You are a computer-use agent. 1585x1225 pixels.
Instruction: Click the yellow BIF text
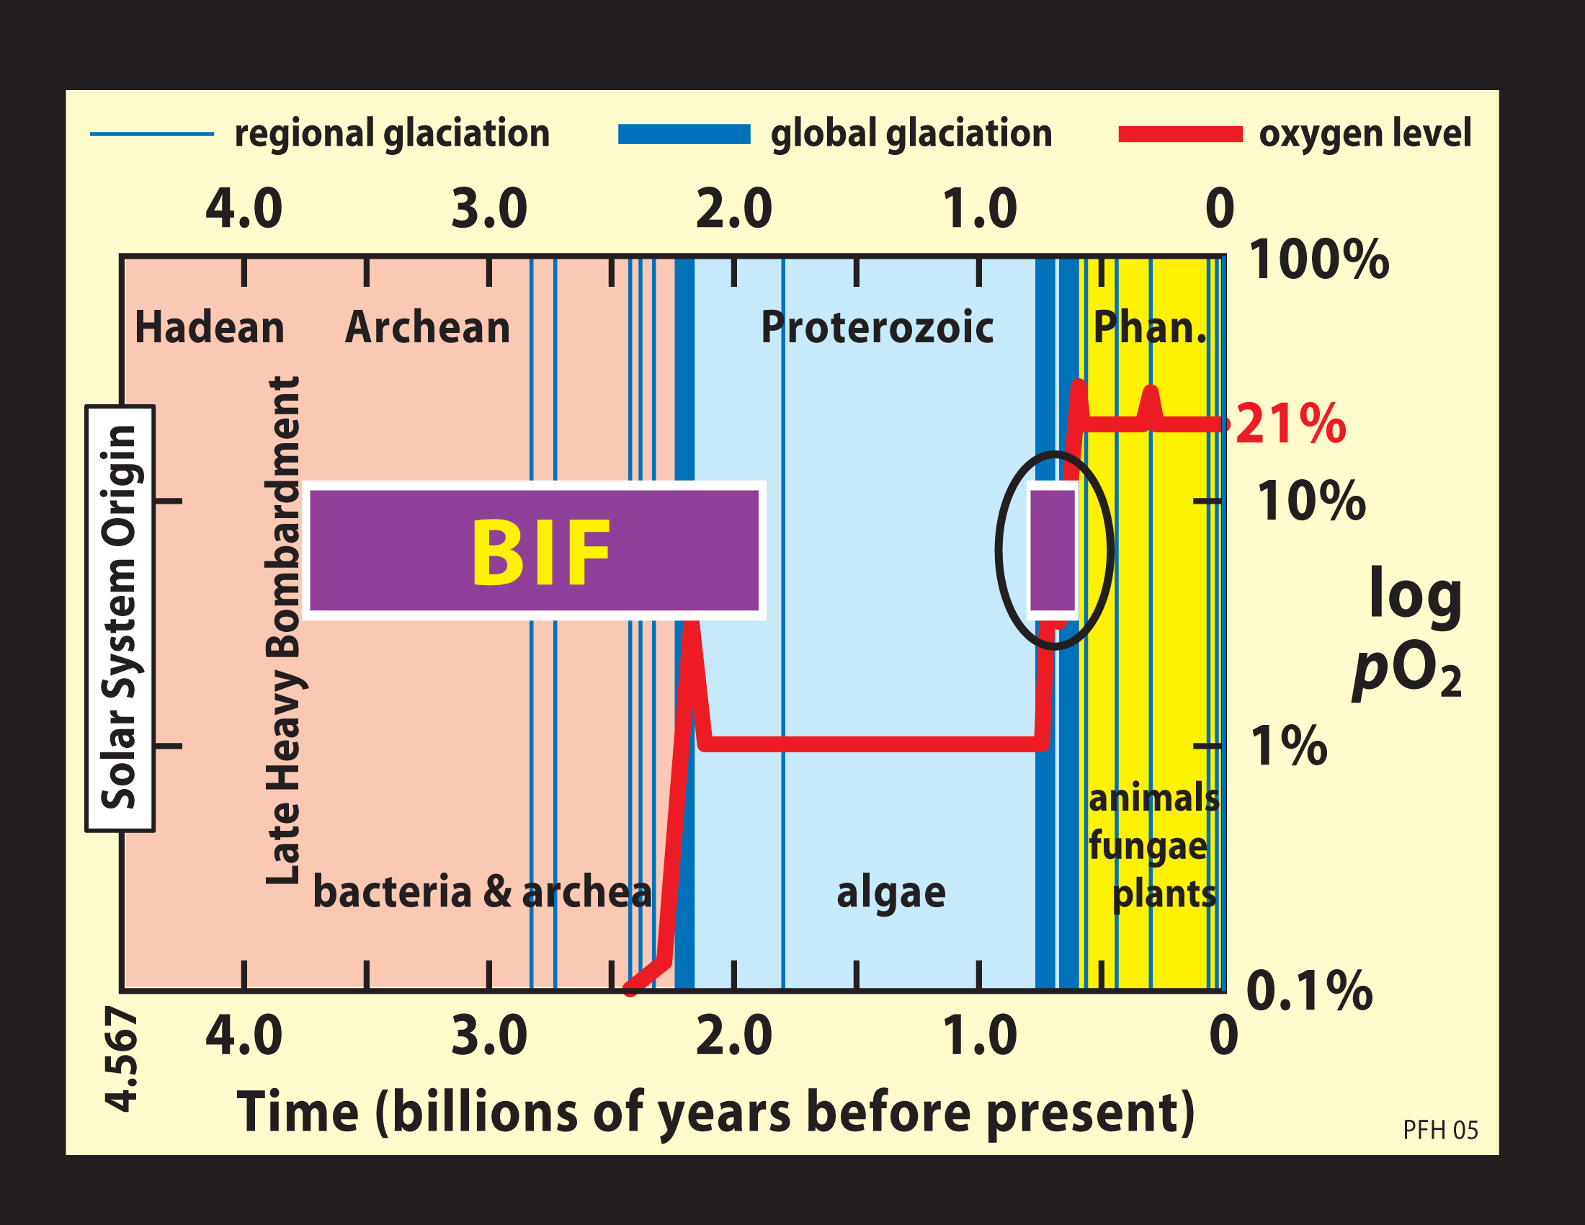click(540, 551)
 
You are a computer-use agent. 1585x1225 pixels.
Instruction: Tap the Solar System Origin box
click(120, 618)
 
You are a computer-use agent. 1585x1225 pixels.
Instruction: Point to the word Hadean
click(209, 327)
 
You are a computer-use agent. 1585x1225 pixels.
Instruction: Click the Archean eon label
click(427, 327)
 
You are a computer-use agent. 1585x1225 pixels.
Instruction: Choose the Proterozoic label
click(877, 327)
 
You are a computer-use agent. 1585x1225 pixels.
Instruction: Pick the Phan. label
click(1151, 327)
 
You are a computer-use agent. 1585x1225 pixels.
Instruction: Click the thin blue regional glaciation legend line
click(152, 134)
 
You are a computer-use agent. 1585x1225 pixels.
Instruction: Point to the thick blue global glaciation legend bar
click(684, 134)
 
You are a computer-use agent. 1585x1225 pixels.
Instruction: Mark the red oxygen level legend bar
click(1180, 134)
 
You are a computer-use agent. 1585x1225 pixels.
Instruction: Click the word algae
click(890, 893)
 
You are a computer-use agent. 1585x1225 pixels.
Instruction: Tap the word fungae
click(1148, 846)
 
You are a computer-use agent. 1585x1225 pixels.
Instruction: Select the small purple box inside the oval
click(1053, 550)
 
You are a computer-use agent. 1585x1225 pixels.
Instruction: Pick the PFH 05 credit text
click(1440, 1130)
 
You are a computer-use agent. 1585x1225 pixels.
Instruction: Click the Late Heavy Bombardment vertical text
click(283, 630)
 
